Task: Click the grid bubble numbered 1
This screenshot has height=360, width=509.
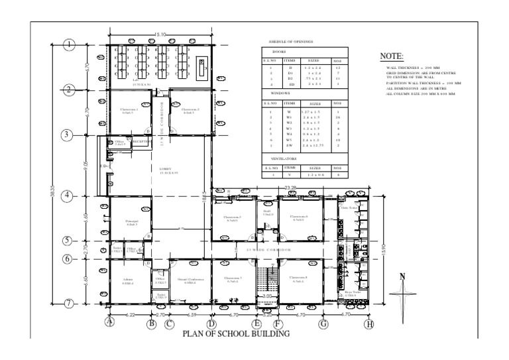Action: coord(70,45)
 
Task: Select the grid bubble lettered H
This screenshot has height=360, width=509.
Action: coord(369,324)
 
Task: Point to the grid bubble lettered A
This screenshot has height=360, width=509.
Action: coord(111,324)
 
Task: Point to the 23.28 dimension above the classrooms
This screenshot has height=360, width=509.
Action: coord(290,189)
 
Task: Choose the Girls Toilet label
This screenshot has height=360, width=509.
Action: coord(349,208)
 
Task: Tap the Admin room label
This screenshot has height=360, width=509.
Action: coord(128,279)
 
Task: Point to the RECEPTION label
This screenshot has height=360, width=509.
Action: coord(142,141)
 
